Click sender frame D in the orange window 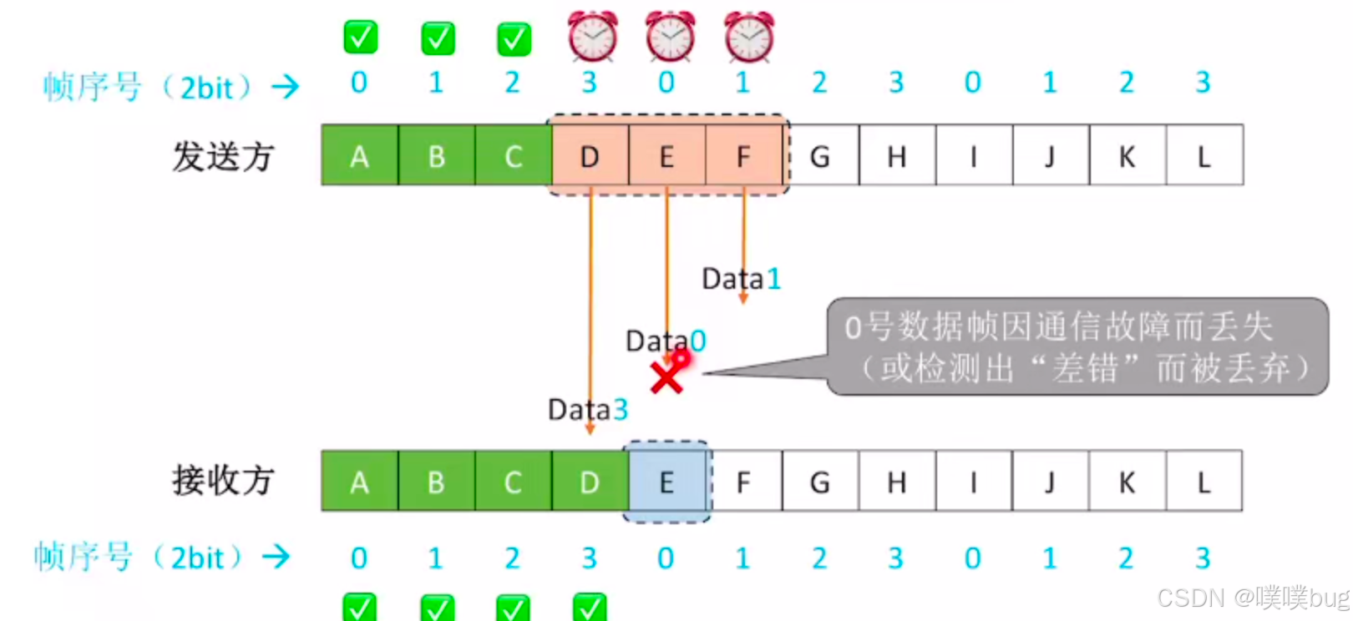[x=590, y=156]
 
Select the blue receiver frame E [x=666, y=482]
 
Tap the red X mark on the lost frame [x=667, y=376]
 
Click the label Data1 [x=741, y=279]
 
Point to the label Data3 [x=587, y=410]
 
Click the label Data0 [x=666, y=341]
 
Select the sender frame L [x=1204, y=156]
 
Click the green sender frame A [x=359, y=156]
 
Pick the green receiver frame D [x=590, y=482]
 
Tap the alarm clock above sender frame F [x=749, y=38]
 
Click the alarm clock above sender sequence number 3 [x=593, y=38]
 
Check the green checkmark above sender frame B [x=438, y=38]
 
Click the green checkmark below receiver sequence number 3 [x=590, y=608]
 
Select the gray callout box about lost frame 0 [x=1077, y=346]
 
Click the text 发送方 [x=223, y=156]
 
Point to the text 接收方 [x=223, y=481]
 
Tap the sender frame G [x=820, y=156]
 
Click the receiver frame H [x=896, y=482]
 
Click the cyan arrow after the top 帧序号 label [x=286, y=86]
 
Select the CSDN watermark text [x=1251, y=598]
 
